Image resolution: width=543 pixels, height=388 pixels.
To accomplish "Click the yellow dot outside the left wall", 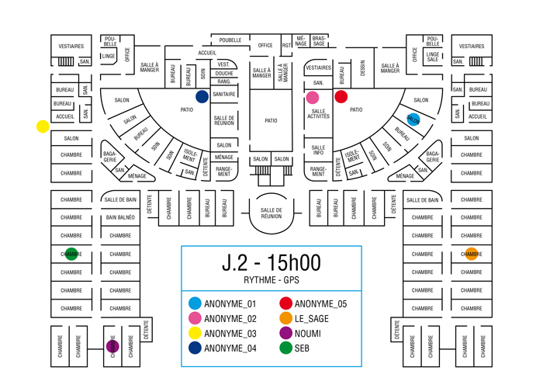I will tap(43, 126).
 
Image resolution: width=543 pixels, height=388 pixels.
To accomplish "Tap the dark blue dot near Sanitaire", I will tap(202, 97).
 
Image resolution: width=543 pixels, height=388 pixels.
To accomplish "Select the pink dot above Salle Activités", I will tap(313, 98).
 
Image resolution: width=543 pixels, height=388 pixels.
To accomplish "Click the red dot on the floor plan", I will tap(341, 97).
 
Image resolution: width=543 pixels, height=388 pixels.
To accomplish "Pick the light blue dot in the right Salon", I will tap(413, 120).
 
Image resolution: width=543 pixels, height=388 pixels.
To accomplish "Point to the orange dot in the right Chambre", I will tap(472, 254).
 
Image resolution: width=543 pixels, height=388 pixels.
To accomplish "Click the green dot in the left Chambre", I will tap(71, 254).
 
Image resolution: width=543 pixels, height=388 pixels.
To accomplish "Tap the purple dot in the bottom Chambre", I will tap(112, 346).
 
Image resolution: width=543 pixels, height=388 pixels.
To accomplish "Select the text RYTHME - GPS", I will tap(271, 280).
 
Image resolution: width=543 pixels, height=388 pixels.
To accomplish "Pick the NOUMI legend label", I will tap(308, 334).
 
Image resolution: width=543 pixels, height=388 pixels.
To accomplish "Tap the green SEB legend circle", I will tap(285, 348).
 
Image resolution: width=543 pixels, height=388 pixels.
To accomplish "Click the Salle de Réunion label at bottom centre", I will tap(271, 213).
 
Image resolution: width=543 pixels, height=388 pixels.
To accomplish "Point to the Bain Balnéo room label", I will tap(120, 218).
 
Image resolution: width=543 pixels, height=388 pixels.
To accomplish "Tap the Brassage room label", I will tap(319, 40).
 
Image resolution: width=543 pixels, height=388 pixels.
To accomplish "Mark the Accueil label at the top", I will tap(207, 53).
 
